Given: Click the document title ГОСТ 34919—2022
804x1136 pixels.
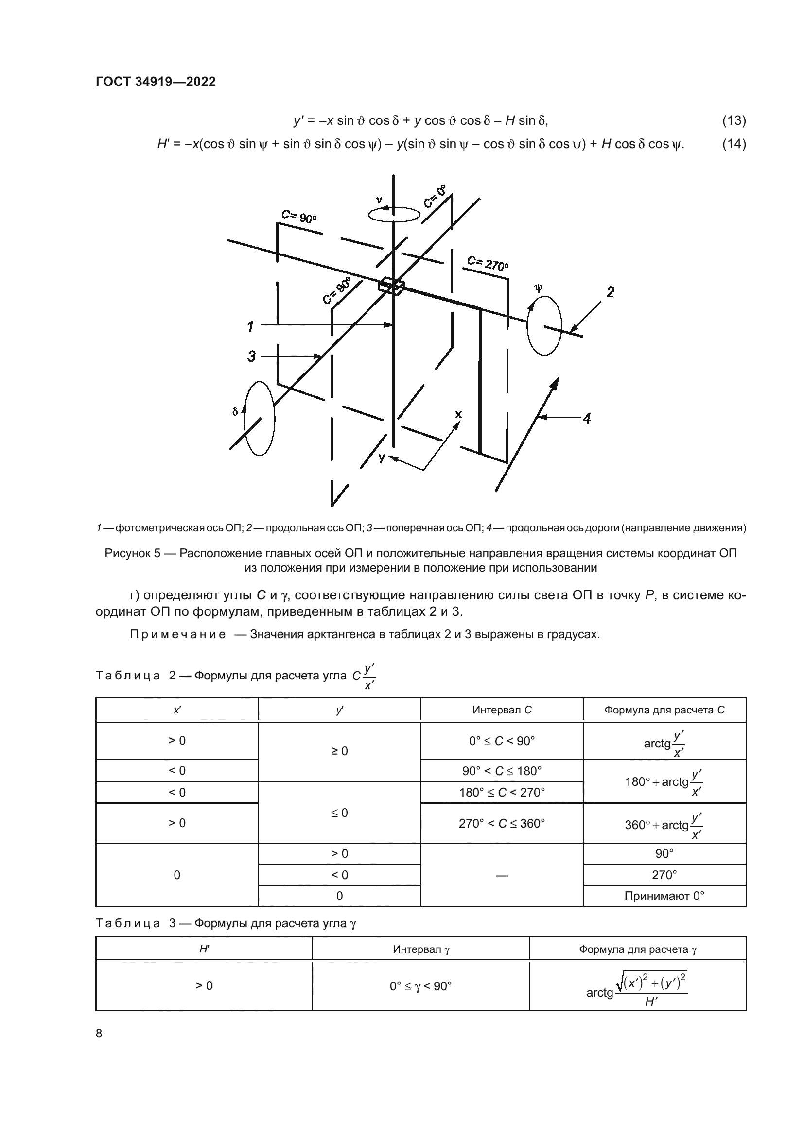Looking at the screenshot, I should [156, 82].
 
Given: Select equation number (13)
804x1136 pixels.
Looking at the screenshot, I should [734, 120].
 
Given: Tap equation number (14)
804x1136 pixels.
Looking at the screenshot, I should [734, 144].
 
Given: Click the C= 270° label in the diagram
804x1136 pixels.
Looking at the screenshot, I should [488, 263].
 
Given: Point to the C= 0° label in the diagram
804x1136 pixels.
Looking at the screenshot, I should [435, 196].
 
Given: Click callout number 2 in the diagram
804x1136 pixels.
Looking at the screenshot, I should [611, 292].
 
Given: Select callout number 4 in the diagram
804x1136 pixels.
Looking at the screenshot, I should [587, 419].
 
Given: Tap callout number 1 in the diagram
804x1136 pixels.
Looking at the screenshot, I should [250, 326].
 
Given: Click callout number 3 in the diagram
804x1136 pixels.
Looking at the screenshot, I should [251, 356].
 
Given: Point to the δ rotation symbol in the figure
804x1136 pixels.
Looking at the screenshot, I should [235, 411].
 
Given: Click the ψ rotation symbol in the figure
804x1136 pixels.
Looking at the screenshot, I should [539, 288].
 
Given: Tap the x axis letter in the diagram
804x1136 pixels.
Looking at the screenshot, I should [458, 414].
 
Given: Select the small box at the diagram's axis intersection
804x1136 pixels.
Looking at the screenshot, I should [391, 286].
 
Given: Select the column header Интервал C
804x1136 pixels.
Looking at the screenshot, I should [502, 710].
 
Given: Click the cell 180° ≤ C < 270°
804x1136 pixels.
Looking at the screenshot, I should [502, 792].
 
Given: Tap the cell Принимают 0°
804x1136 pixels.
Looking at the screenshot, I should [664, 896].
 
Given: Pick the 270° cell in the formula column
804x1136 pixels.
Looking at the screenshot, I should [664, 875].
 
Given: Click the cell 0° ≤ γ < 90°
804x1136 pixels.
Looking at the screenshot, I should [420, 986].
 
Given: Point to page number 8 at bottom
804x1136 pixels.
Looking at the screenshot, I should [99, 1033].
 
